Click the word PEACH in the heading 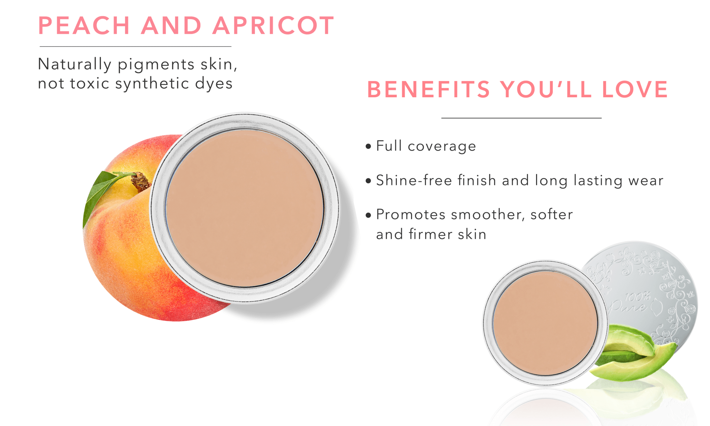[84, 26]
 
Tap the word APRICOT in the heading [273, 26]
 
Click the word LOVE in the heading [635, 89]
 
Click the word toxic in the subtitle [90, 83]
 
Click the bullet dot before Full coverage [368, 146]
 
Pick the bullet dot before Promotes [368, 215]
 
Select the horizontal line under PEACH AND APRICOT [135, 47]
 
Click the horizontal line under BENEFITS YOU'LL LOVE [521, 118]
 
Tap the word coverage [442, 147]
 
